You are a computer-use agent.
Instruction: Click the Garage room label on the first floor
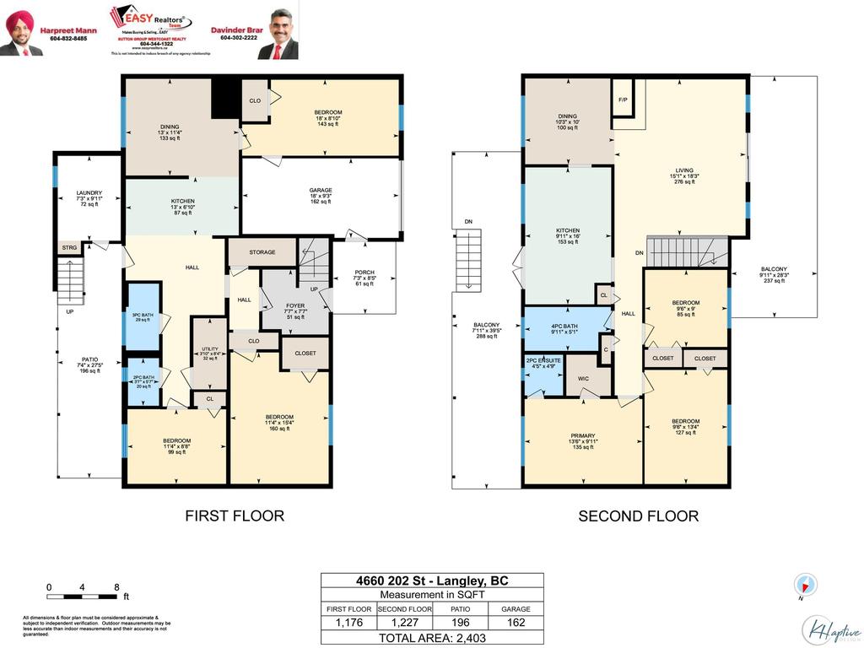pos(320,191)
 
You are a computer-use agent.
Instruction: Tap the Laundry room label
pos(89,193)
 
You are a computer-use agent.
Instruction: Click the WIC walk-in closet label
pos(582,379)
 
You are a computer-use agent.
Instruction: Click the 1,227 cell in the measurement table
pos(404,623)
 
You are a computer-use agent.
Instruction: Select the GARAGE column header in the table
pos(516,608)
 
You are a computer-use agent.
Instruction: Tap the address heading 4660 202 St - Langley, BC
pos(432,580)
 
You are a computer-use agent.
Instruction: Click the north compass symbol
pos(805,584)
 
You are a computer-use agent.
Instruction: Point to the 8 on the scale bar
pos(116,586)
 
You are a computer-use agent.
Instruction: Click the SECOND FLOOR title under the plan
pos(638,516)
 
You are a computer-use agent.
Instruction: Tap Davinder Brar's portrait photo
pos(279,34)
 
